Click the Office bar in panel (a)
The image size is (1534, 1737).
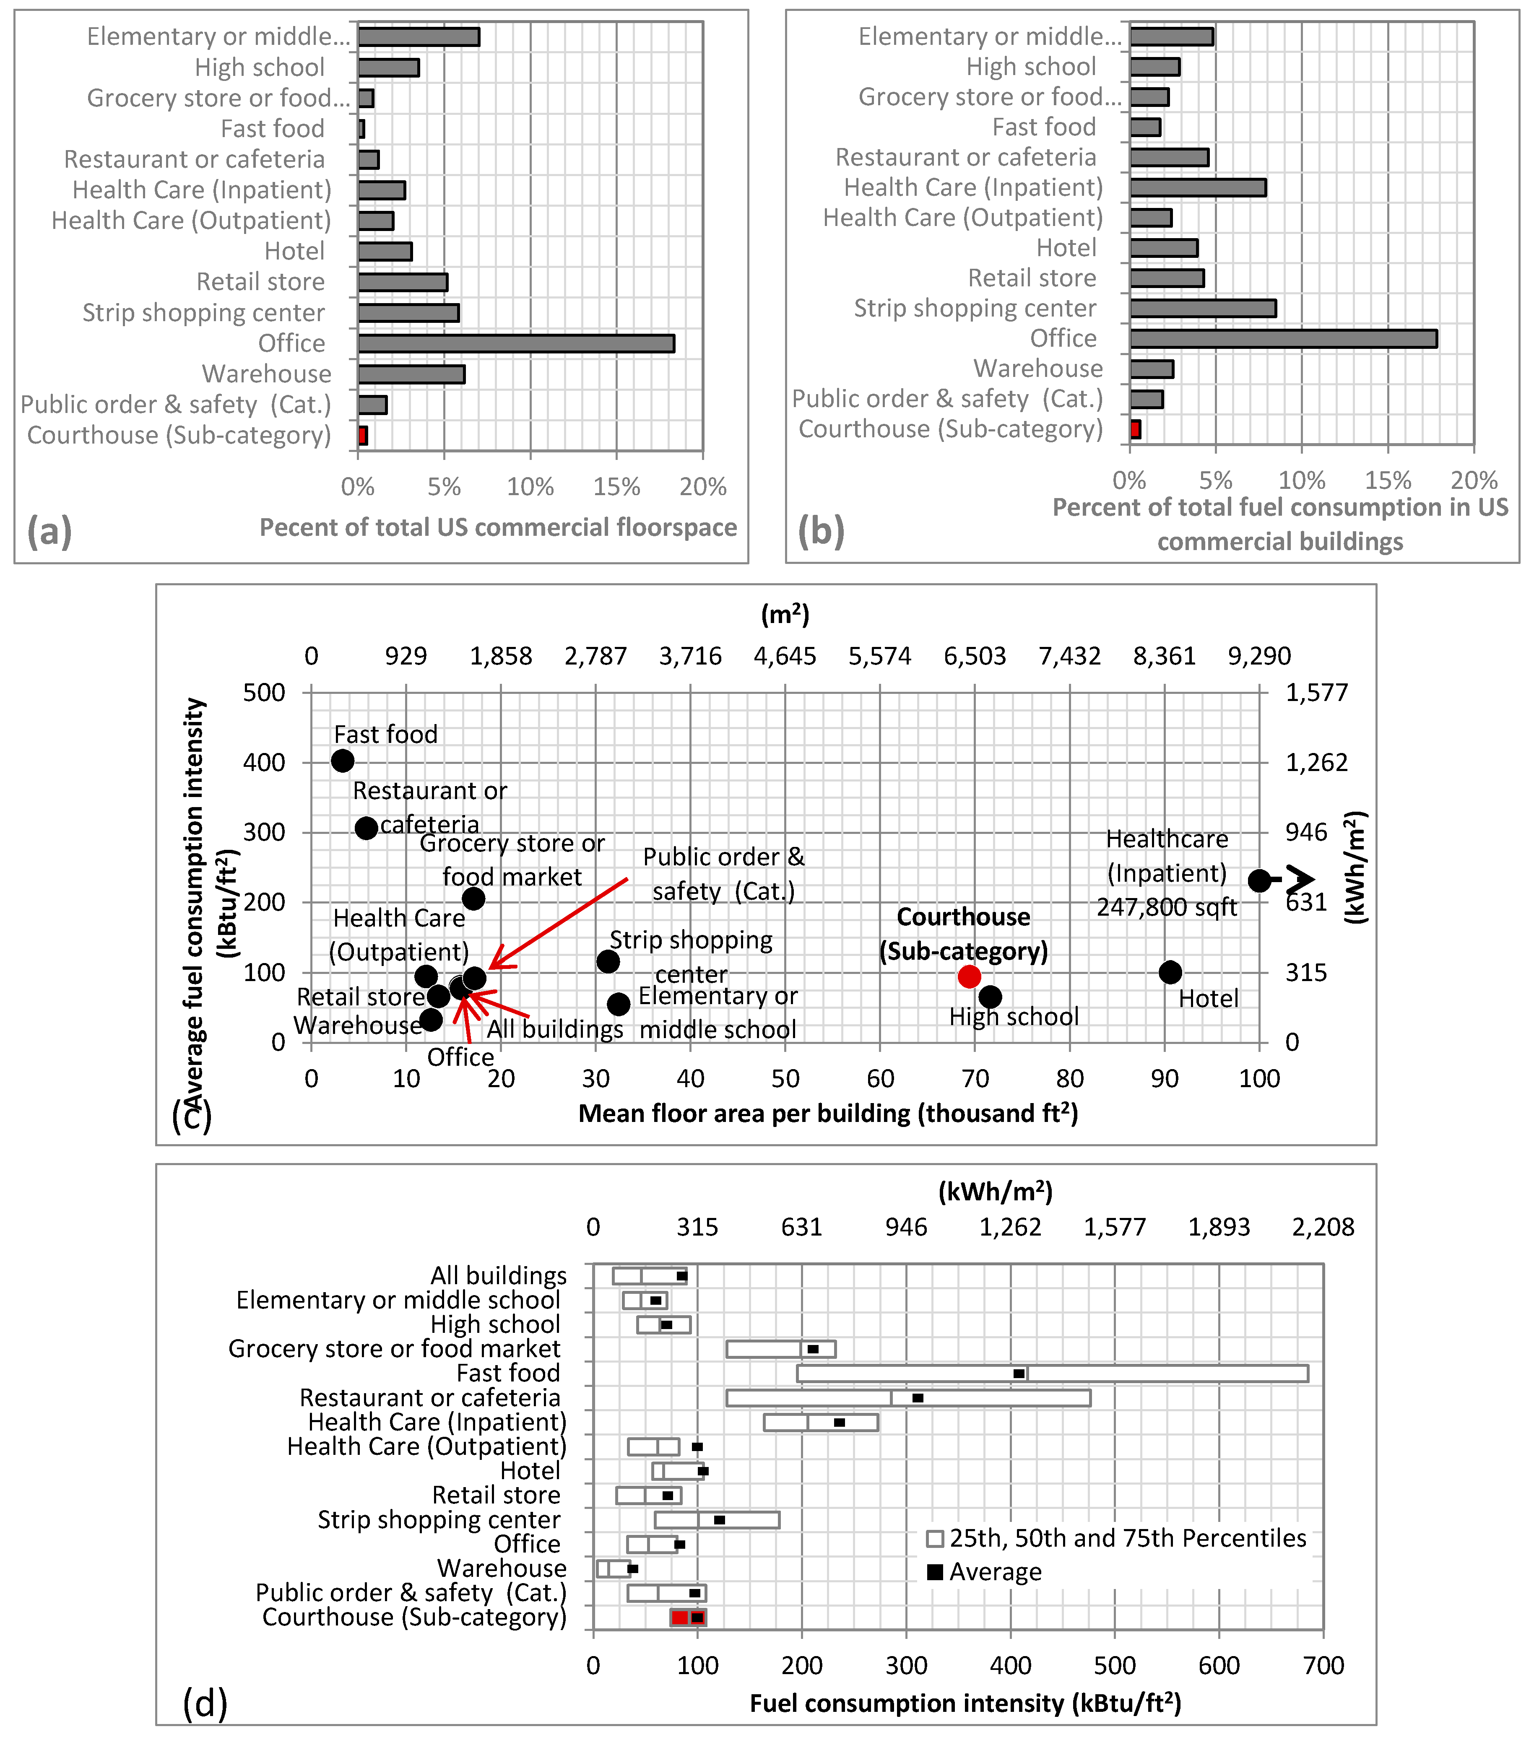pyautogui.click(x=516, y=343)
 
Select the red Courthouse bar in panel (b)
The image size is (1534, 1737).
pyautogui.click(x=1136, y=429)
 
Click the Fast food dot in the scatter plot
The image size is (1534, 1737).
pyautogui.click(x=343, y=761)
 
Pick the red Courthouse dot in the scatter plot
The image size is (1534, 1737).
pyautogui.click(x=969, y=976)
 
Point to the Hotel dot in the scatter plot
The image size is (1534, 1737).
pyautogui.click(x=1170, y=972)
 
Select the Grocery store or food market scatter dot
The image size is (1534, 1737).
pyautogui.click(x=473, y=898)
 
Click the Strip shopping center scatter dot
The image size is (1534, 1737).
pyautogui.click(x=608, y=961)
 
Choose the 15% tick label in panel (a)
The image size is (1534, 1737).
pyautogui.click(x=617, y=487)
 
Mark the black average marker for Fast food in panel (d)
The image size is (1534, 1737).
pyautogui.click(x=1019, y=1373)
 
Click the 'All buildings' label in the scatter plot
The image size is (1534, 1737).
pyautogui.click(x=555, y=1029)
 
